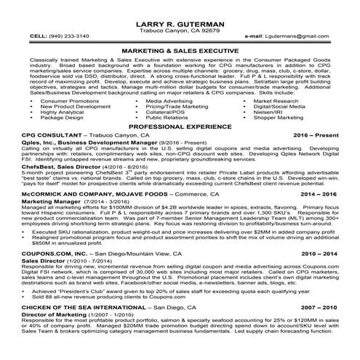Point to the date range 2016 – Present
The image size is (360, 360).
(319, 136)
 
